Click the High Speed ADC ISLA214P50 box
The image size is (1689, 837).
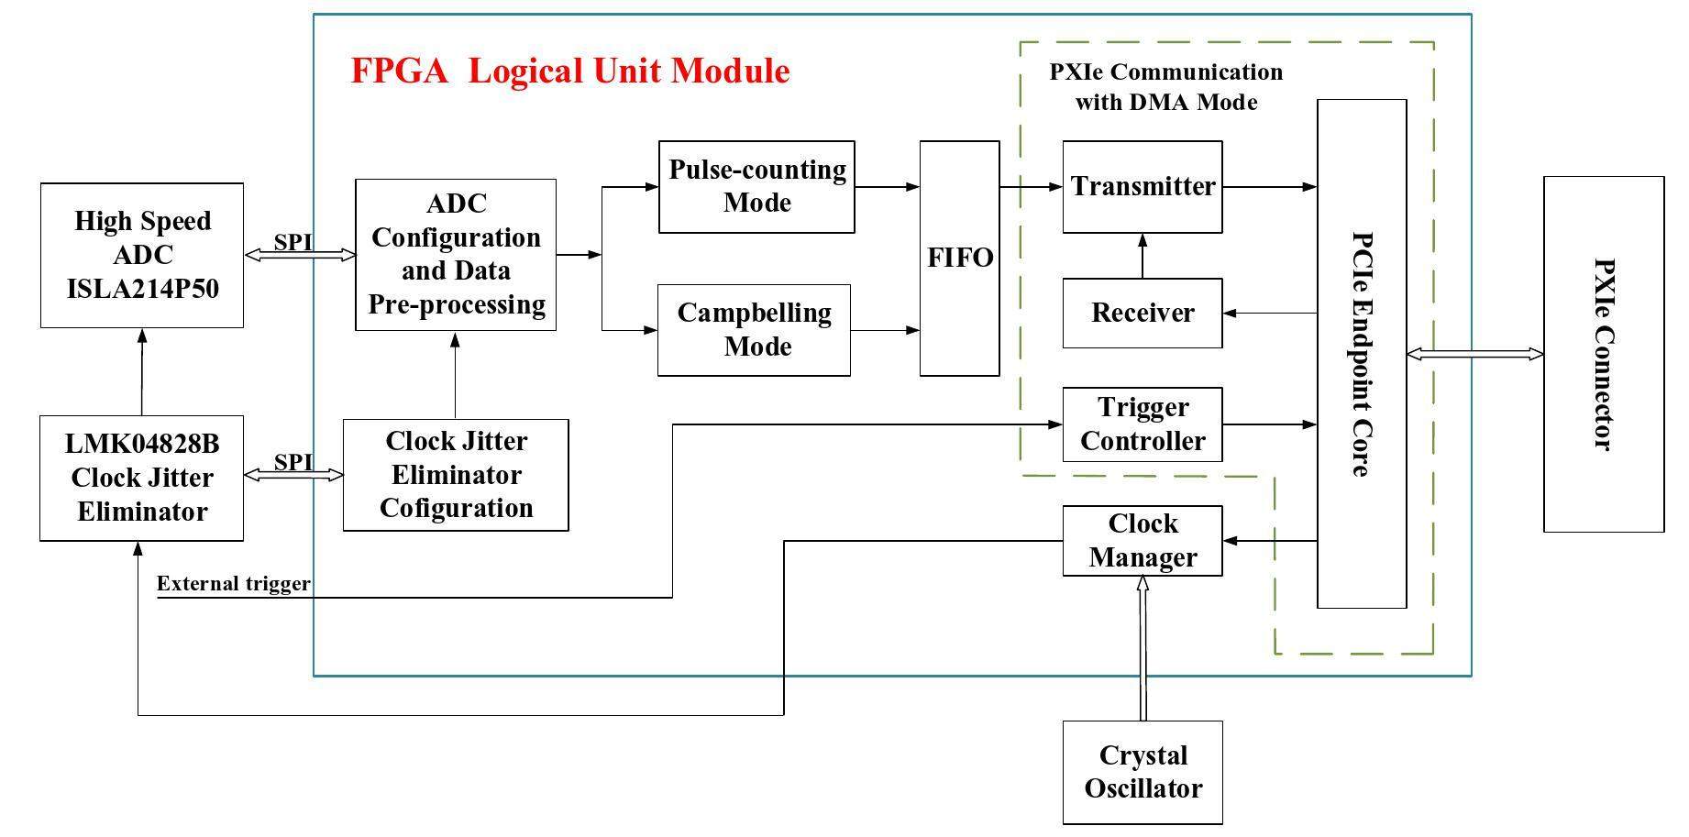click(x=142, y=255)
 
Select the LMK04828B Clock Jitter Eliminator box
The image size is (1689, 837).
click(x=142, y=478)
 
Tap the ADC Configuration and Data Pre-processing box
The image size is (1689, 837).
click(x=456, y=254)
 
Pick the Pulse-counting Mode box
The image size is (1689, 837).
click(x=756, y=186)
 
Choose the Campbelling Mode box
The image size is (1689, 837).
click(x=754, y=330)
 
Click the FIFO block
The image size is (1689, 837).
click(x=959, y=258)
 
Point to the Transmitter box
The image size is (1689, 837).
click(x=1142, y=186)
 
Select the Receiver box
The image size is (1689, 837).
click(x=1142, y=313)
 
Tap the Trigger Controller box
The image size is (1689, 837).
click(x=1142, y=424)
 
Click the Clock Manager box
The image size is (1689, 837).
click(x=1142, y=541)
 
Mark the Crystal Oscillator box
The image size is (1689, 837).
click(x=1143, y=772)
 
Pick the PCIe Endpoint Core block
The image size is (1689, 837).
click(x=1362, y=353)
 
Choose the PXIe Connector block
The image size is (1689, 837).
click(x=1603, y=354)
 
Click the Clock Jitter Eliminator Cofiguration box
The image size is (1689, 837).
click(x=456, y=475)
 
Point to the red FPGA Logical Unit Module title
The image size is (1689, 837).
click(x=569, y=71)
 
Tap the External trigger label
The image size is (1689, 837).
click(x=233, y=584)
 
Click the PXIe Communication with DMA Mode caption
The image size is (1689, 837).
click(x=1165, y=87)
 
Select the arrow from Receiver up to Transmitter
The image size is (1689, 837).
click(x=1143, y=256)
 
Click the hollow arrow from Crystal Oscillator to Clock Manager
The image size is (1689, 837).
click(x=1143, y=647)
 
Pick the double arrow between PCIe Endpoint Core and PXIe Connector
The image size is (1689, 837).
click(x=1474, y=354)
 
